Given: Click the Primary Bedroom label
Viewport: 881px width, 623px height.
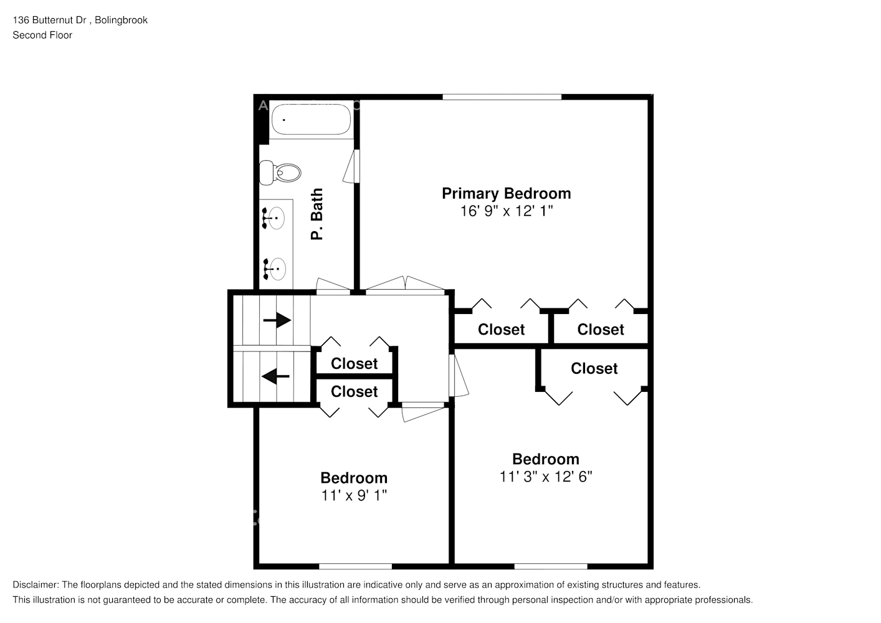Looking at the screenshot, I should click(x=506, y=194).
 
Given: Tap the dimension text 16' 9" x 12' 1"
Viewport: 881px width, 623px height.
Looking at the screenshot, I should click(x=506, y=211).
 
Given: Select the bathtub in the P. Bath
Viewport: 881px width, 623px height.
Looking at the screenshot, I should click(x=312, y=119).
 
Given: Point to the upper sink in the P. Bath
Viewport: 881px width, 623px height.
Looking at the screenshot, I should click(x=274, y=218).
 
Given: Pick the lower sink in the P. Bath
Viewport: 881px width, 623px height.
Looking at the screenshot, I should click(x=275, y=269).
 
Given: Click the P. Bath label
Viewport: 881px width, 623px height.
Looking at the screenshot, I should click(x=317, y=214).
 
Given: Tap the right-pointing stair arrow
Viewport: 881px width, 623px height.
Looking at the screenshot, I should click(x=277, y=320).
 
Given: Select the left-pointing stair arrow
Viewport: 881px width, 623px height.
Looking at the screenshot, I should click(x=275, y=376).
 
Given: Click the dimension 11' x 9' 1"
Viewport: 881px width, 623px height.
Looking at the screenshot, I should click(x=354, y=496).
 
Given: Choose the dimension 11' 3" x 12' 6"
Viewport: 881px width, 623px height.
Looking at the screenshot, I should click(x=545, y=477).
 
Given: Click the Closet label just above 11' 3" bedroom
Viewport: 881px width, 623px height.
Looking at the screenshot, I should click(x=594, y=369).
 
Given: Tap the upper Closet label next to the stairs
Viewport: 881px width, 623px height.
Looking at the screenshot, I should click(x=354, y=364).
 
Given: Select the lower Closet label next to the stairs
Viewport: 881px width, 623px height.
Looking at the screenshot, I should click(x=354, y=392).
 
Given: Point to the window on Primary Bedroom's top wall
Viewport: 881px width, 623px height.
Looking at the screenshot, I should click(x=502, y=97).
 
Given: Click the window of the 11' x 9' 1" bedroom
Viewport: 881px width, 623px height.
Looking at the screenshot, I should click(x=355, y=566).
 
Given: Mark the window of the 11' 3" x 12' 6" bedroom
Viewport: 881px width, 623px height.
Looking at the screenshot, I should click(x=550, y=566).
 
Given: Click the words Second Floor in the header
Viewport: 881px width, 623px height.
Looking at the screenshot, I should click(x=42, y=36).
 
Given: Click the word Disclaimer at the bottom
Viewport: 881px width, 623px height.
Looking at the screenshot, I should click(x=35, y=585).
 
